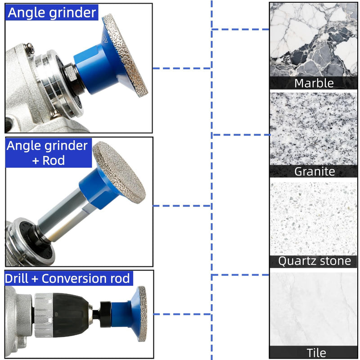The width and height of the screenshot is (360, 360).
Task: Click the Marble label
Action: [314, 83]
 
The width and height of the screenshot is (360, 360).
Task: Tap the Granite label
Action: [315, 171]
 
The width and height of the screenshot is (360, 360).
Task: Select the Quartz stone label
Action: [315, 261]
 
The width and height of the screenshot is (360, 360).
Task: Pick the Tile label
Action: [316, 352]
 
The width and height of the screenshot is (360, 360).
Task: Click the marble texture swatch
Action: [313, 40]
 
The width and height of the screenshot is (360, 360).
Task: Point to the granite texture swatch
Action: [313, 129]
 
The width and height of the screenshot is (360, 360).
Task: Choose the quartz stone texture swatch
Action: [313, 219]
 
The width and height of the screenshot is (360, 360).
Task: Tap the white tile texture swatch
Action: [313, 309]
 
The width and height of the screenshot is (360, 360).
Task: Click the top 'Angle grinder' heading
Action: [52, 13]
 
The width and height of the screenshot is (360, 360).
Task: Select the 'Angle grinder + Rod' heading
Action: [48, 153]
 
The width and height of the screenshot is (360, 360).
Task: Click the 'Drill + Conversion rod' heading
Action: [67, 278]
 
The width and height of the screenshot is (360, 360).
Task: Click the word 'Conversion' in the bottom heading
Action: [74, 278]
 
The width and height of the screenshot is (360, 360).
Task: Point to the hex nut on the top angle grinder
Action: [71, 72]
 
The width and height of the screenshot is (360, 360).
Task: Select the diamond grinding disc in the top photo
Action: [125, 55]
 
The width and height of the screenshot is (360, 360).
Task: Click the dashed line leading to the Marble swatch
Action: [240, 29]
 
